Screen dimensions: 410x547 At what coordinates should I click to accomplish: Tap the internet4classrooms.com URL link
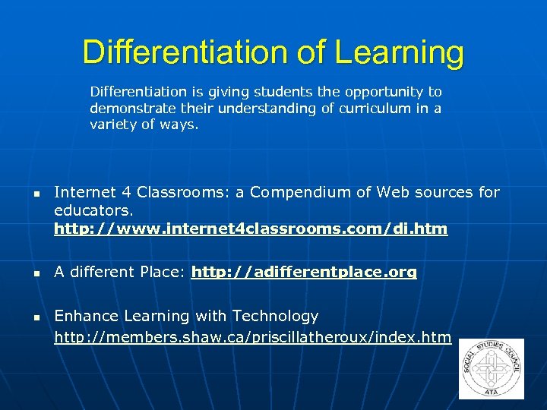pos(251,229)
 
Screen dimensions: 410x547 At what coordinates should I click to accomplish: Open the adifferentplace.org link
pos(304,272)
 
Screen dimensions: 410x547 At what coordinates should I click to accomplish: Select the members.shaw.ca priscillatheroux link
pos(252,337)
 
